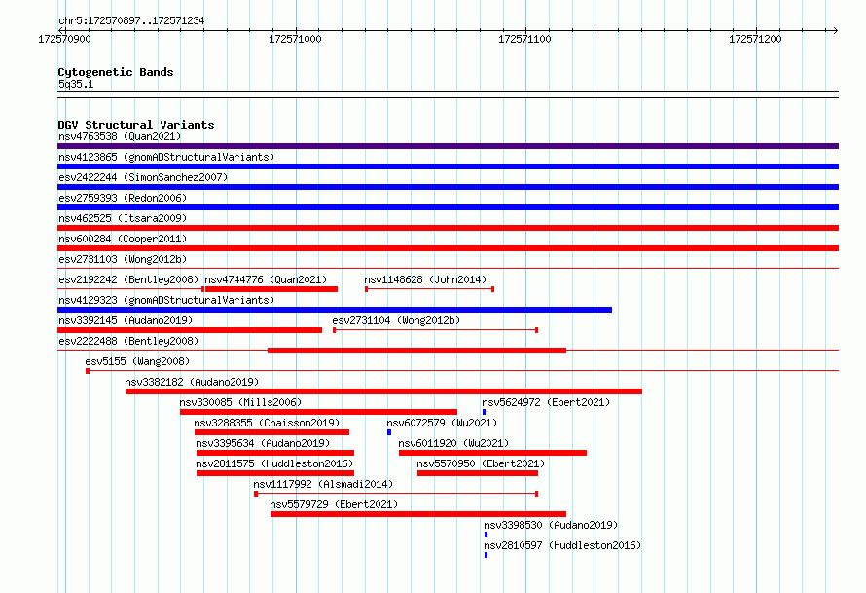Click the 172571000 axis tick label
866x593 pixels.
pos(295,39)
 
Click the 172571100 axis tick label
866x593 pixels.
pos(524,39)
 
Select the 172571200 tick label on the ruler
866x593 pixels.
pos(755,39)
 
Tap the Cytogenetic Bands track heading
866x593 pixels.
pos(116,72)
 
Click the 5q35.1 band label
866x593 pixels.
pos(76,84)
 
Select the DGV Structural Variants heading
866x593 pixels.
pos(136,125)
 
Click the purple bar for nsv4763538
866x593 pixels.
pos(448,146)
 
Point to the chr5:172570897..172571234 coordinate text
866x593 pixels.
pos(131,21)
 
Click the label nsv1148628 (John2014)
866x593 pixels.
pos(425,279)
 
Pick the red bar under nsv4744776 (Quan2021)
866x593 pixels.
pos(271,289)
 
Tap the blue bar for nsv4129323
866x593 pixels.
pos(335,310)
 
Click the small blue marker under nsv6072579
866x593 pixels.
pos(389,432)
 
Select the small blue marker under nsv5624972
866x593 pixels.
pos(485,412)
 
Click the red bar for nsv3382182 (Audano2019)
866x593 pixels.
pos(383,391)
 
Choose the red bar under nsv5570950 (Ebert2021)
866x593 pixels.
pos(478,473)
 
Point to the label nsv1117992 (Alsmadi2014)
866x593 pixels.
pos(323,484)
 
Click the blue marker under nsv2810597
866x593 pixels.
pos(486,555)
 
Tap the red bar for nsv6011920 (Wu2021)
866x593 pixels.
pos(492,453)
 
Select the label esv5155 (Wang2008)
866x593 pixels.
pos(137,361)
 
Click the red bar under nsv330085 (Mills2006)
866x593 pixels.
pos(319,412)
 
